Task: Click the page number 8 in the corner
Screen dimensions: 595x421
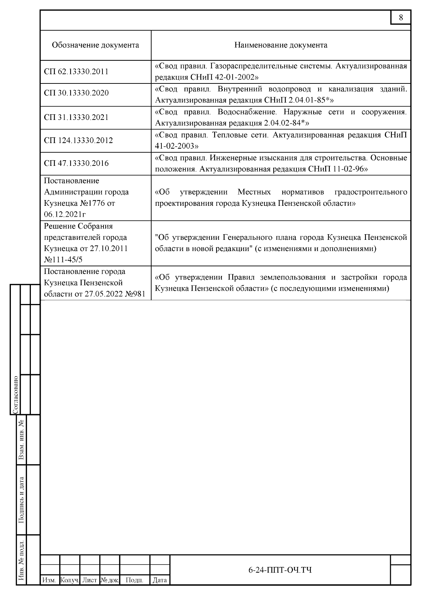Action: pyautogui.click(x=401, y=18)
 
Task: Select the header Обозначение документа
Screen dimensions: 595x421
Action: pyautogui.click(x=95, y=45)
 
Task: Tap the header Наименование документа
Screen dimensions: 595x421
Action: pyautogui.click(x=281, y=45)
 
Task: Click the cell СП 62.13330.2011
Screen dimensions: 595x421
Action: pyautogui.click(x=76, y=72)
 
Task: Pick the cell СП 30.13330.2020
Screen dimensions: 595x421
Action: pyautogui.click(x=76, y=93)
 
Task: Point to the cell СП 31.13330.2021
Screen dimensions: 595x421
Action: pyautogui.click(x=76, y=117)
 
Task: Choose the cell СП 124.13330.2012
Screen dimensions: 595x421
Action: pyautogui.click(x=78, y=141)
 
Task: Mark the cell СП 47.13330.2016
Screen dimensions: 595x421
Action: pyautogui.click(x=76, y=163)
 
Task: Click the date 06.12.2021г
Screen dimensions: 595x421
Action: pyautogui.click(x=65, y=214)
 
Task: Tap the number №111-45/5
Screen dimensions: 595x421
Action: pyautogui.click(x=63, y=259)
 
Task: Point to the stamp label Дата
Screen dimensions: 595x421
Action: pyautogui.click(x=160, y=580)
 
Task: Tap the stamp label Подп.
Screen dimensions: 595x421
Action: pyautogui.click(x=135, y=580)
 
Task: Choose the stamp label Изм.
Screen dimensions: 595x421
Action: pyautogui.click(x=49, y=580)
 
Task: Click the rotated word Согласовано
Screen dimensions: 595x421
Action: pyautogui.click(x=15, y=395)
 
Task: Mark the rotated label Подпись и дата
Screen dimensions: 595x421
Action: pyautogui.click(x=21, y=500)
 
